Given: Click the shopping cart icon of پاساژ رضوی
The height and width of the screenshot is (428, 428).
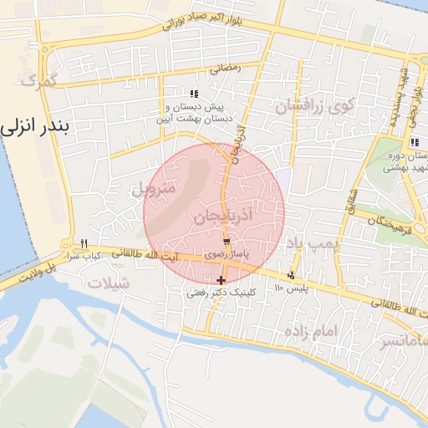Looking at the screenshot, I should pos(227,241).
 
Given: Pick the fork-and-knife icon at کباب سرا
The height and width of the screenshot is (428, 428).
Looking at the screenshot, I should pos(83,244).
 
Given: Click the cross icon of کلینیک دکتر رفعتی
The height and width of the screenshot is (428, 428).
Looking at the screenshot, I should pos(221,281).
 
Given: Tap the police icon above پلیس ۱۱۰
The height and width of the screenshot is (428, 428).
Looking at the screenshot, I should pos(291,276).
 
